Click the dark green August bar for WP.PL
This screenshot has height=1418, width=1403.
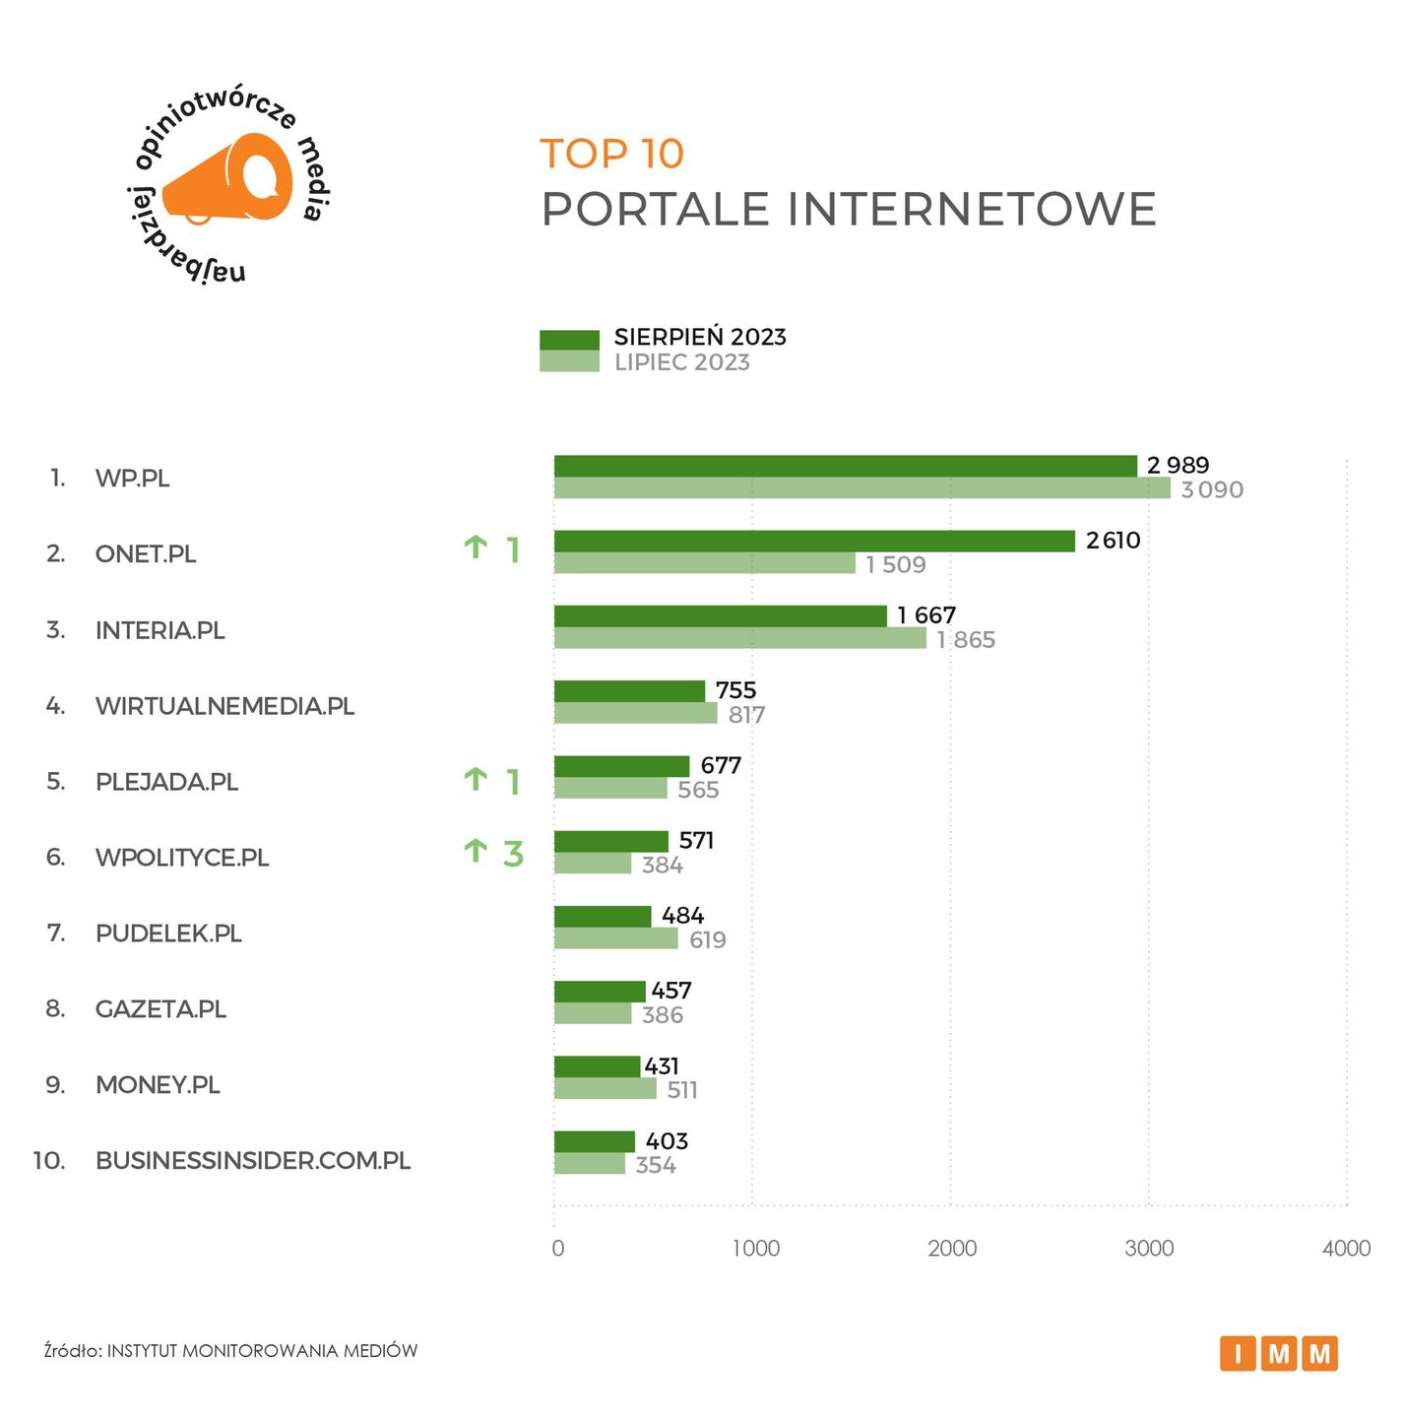pyautogui.click(x=845, y=466)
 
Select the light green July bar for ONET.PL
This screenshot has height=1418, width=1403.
pyautogui.click(x=704, y=563)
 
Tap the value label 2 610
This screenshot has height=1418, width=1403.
pyautogui.click(x=1113, y=541)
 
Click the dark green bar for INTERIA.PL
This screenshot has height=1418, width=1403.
pyautogui.click(x=720, y=616)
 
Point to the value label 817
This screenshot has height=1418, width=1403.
pyautogui.click(x=746, y=715)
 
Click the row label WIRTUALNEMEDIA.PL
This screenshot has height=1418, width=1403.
pyautogui.click(x=224, y=706)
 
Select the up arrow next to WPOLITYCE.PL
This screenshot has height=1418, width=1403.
pyautogui.click(x=476, y=851)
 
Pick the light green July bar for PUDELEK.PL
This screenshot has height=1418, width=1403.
pyautogui.click(x=615, y=938)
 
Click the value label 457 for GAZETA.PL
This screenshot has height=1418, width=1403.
pyautogui.click(x=671, y=991)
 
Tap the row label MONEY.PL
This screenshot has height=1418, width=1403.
pyautogui.click(x=158, y=1084)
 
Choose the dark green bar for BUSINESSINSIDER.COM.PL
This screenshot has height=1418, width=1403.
pyautogui.click(x=594, y=1141)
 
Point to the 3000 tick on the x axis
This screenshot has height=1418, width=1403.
pyautogui.click(x=1149, y=1249)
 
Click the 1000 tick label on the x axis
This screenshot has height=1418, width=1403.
pyautogui.click(x=755, y=1249)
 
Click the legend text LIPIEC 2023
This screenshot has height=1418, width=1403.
pyautogui.click(x=681, y=362)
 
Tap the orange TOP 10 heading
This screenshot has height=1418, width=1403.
pyautogui.click(x=611, y=154)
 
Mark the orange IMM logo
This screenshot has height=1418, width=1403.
pyautogui.click(x=1278, y=1354)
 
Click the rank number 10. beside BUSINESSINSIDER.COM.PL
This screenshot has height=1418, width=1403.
pyautogui.click(x=49, y=1160)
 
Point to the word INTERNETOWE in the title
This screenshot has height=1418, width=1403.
pyautogui.click(x=971, y=209)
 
